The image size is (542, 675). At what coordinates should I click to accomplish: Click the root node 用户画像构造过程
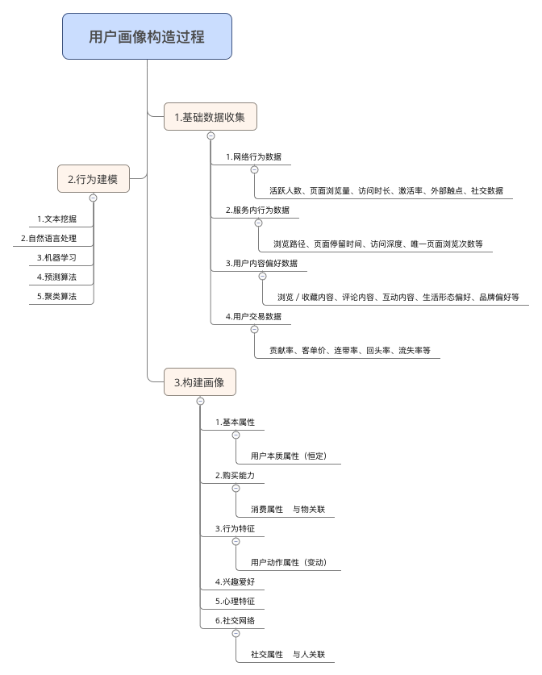click(147, 36)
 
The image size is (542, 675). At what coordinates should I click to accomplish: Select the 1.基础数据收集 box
click(210, 118)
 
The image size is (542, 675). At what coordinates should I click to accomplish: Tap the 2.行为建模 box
click(93, 179)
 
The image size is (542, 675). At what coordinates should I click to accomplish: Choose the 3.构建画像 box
click(199, 382)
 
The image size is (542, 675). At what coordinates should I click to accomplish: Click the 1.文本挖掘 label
click(57, 219)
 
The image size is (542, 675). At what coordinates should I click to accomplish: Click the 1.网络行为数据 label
click(253, 156)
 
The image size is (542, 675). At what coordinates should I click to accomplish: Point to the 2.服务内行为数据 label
click(257, 210)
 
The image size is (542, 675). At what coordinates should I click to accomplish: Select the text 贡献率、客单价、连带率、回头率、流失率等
click(350, 351)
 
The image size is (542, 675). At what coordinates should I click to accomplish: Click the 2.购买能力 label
click(235, 475)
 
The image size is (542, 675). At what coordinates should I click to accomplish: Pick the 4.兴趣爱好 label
click(235, 581)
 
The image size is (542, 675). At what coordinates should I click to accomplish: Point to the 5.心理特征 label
click(235, 601)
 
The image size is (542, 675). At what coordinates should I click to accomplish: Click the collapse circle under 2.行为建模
click(93, 198)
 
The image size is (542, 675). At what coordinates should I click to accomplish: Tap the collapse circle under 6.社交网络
click(236, 634)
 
